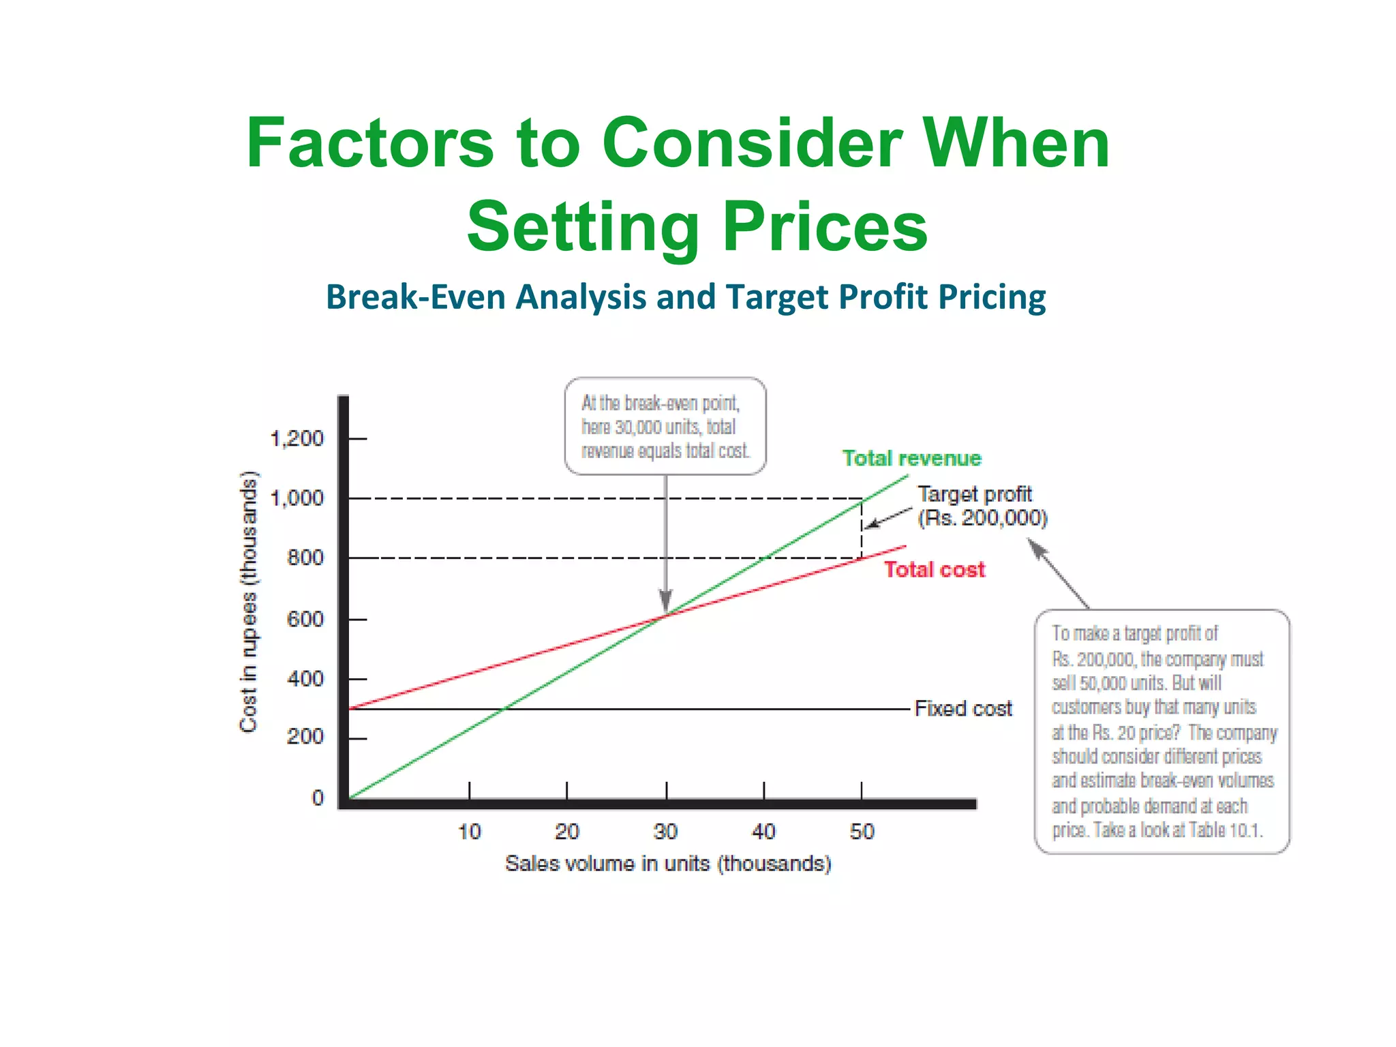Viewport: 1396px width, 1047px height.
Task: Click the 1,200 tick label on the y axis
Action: click(x=297, y=438)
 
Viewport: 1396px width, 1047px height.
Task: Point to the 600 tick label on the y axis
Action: click(x=305, y=619)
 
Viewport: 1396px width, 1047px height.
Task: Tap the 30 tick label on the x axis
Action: click(x=665, y=832)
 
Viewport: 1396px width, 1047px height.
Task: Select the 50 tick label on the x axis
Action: click(x=862, y=832)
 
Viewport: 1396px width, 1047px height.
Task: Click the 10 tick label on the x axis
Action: click(x=470, y=832)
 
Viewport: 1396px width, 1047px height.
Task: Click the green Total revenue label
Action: click(x=911, y=458)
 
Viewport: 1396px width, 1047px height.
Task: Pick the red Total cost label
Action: click(x=935, y=569)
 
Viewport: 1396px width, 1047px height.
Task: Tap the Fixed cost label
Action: click(x=963, y=709)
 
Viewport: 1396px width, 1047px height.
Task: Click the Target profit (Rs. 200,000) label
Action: click(x=982, y=506)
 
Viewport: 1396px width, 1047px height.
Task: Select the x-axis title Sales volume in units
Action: click(x=668, y=864)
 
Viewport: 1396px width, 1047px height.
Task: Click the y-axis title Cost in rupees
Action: click(x=249, y=602)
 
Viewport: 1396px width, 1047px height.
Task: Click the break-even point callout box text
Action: click(x=665, y=427)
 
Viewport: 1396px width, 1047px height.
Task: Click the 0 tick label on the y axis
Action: click(x=318, y=798)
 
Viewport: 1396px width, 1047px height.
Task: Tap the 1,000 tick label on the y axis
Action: click(x=297, y=498)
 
